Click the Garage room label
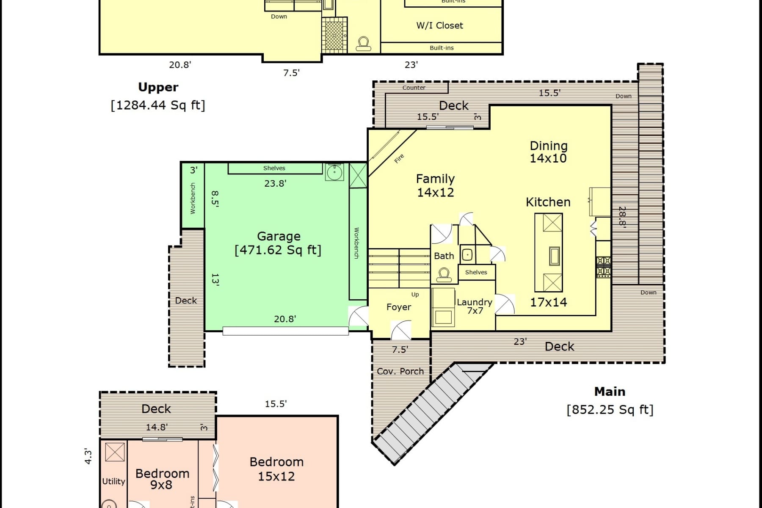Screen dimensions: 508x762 click(279, 236)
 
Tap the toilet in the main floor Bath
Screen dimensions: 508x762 click(444, 275)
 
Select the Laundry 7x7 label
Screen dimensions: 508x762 click(475, 306)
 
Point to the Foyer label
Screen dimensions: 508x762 click(398, 307)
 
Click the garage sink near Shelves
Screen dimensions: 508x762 click(334, 172)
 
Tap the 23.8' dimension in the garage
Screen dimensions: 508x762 click(275, 183)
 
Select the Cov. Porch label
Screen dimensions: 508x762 click(400, 371)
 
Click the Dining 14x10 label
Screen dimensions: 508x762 click(548, 152)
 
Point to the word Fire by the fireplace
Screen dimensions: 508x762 click(399, 159)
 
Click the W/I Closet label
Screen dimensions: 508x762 click(439, 25)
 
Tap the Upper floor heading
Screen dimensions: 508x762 click(158, 87)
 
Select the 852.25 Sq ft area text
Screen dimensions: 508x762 click(610, 409)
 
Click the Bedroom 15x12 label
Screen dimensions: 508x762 click(276, 469)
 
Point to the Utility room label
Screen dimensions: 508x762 click(113, 481)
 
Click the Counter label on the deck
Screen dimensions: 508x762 click(414, 88)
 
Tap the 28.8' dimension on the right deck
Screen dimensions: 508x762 click(622, 217)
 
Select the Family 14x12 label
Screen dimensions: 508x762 click(435, 185)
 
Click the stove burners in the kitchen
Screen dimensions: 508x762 click(603, 266)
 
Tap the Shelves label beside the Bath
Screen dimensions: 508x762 click(476, 272)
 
